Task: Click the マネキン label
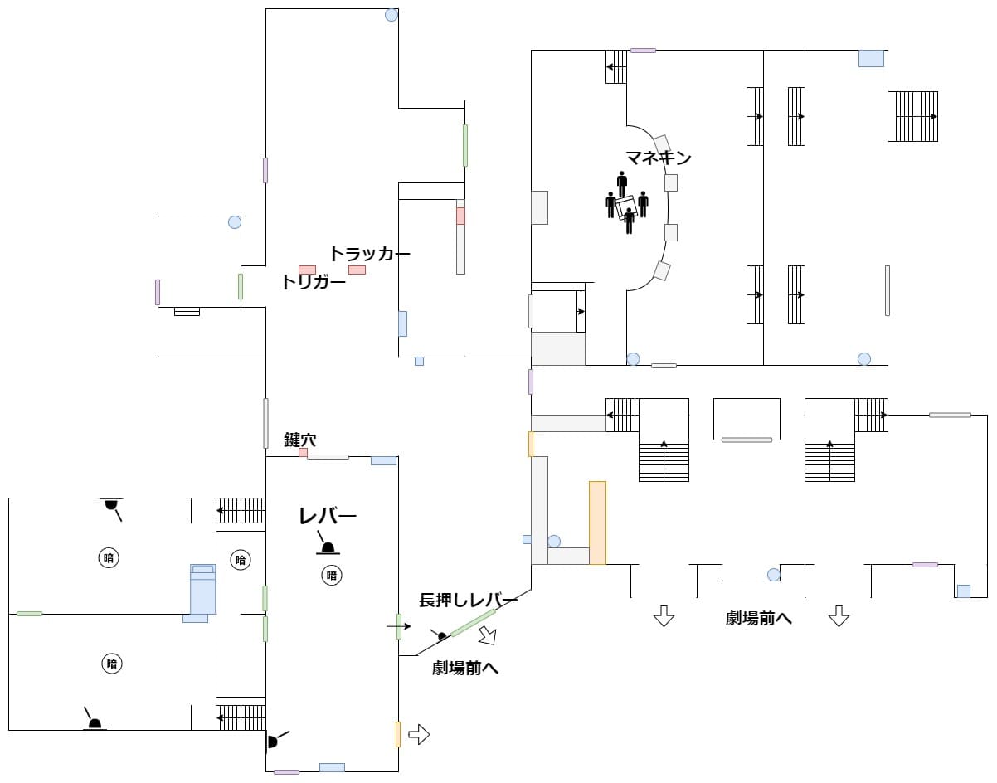coord(658,158)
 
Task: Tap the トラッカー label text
coord(370,254)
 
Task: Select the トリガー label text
coord(314,282)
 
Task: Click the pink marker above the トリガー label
coord(307,270)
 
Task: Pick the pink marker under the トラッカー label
coord(357,270)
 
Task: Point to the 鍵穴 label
coord(299,440)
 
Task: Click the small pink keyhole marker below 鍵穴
coord(303,453)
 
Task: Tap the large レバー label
coord(328,517)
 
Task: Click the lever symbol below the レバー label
coord(328,547)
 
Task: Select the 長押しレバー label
coord(468,601)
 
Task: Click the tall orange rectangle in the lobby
coord(597,523)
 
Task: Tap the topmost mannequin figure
coord(622,183)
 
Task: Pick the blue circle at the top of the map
coord(392,14)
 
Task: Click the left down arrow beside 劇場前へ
coord(663,616)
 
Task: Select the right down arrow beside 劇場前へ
coord(839,616)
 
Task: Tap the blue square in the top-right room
coord(871,58)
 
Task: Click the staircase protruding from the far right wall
coord(916,116)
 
